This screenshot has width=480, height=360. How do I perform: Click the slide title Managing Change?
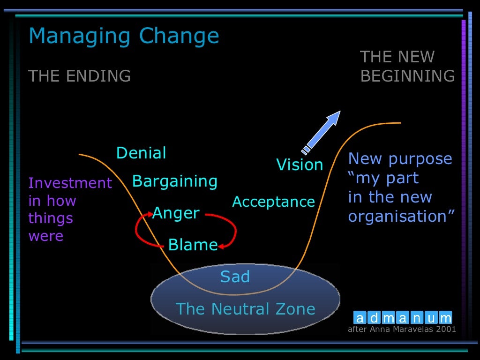(124, 36)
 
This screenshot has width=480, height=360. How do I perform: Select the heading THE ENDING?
(80, 75)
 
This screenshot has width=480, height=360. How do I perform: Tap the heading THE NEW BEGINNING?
(407, 67)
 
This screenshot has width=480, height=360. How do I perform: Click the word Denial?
(141, 153)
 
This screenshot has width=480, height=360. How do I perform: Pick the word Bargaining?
(175, 181)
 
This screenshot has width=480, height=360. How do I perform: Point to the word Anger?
(176, 213)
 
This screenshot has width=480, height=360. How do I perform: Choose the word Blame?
(193, 244)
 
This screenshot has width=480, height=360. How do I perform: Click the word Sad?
(235, 277)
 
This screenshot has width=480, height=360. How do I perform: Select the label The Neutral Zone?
(245, 309)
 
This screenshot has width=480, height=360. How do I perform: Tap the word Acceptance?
(273, 202)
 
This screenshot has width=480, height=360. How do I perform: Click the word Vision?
(300, 165)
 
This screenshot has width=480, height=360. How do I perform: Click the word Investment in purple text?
(70, 182)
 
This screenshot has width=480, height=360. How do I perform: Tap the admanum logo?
(403, 318)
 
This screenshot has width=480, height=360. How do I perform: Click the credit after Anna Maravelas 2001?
(402, 329)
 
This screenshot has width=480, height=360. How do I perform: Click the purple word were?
(45, 236)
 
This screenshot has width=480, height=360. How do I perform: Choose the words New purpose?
(400, 159)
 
